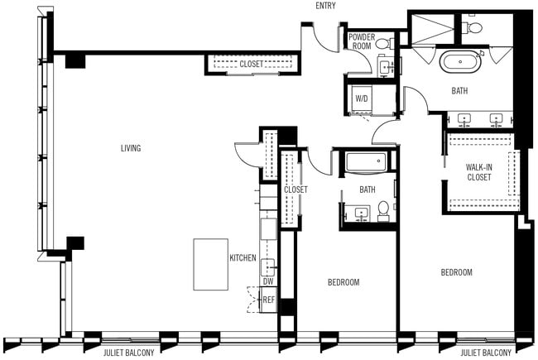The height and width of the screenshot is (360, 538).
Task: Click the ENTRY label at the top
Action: [325, 7]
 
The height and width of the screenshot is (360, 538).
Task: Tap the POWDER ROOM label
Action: [362, 41]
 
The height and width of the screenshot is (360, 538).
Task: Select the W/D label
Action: [362, 98]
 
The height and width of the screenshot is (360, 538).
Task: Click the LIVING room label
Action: [131, 149]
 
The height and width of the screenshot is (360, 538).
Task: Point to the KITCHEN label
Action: [243, 258]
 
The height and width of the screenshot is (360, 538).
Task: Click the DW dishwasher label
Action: [268, 281]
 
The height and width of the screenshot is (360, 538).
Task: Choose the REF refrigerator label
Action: [268, 299]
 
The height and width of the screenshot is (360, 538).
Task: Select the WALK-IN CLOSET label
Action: [479, 171]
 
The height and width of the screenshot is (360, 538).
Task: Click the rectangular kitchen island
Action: [210, 265]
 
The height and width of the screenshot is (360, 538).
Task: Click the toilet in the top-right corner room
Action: [474, 27]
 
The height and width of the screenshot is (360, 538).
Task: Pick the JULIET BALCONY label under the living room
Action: [130, 353]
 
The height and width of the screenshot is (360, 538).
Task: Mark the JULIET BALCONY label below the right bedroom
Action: [486, 353]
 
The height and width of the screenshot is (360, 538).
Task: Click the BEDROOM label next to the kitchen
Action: [343, 282]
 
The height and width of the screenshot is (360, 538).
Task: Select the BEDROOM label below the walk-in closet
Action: [456, 272]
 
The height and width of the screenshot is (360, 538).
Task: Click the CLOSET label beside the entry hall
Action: [252, 64]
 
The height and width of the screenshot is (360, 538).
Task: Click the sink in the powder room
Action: [386, 65]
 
